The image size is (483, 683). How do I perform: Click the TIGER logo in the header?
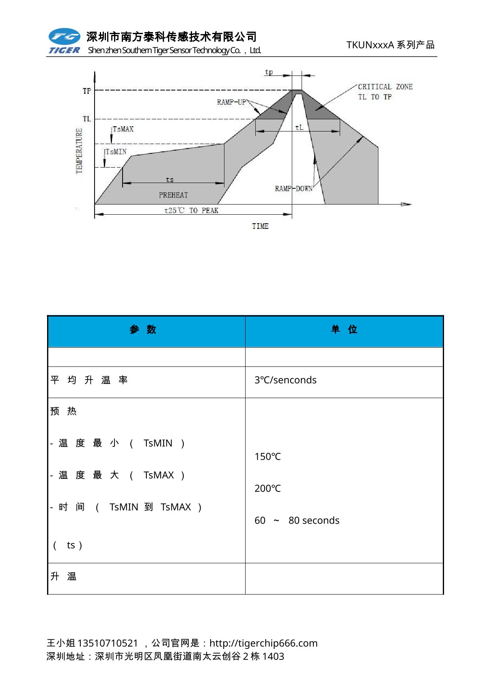click(x=65, y=41)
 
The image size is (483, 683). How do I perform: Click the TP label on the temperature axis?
click(x=87, y=91)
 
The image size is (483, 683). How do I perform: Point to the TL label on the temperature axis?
click(x=87, y=119)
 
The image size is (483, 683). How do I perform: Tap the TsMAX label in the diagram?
click(x=123, y=129)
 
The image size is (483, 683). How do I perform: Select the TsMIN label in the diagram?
click(x=116, y=152)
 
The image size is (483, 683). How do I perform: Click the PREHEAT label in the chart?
click(x=173, y=195)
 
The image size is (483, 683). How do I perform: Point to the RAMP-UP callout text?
click(x=231, y=102)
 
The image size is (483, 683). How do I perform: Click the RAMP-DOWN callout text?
click(x=293, y=189)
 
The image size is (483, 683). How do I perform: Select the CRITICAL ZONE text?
click(x=385, y=87)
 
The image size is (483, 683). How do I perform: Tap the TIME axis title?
click(x=260, y=226)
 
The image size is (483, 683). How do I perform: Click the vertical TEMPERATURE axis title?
click(x=79, y=151)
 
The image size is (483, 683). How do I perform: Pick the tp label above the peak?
click(x=269, y=72)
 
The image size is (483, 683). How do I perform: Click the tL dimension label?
click(x=299, y=127)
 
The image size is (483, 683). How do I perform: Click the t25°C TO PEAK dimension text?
click(x=191, y=210)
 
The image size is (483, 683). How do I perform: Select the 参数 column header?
click(x=143, y=330)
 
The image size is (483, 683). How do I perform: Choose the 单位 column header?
click(x=344, y=330)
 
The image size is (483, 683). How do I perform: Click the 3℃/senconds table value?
click(x=285, y=380)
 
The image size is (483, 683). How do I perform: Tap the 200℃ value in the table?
click(x=267, y=489)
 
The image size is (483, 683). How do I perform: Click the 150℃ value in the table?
click(x=267, y=457)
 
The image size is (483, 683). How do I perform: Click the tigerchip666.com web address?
click(x=263, y=643)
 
